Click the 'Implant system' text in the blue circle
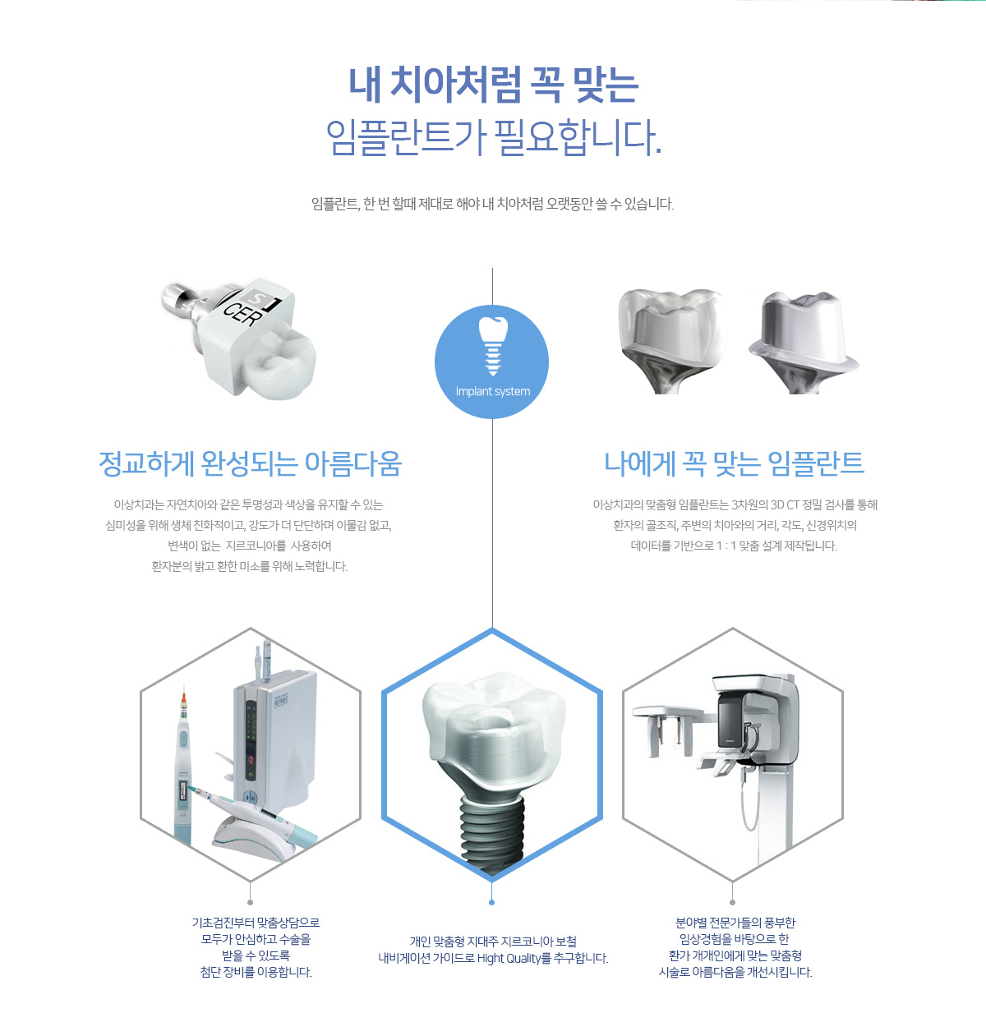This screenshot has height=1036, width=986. tap(493, 392)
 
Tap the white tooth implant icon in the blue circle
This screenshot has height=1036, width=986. tap(493, 346)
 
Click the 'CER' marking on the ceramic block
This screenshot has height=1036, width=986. tap(243, 312)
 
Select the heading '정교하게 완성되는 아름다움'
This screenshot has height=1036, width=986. tap(251, 463)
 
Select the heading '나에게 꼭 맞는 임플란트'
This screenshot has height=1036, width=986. tap(734, 463)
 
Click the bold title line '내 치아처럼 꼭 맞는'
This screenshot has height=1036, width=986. tap(493, 85)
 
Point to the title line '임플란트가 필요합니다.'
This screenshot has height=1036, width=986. tap(493, 137)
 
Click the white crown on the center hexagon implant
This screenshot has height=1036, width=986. tap(493, 733)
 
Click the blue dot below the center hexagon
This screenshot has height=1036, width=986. tap(491, 903)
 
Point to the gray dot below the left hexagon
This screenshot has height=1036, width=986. tap(251, 903)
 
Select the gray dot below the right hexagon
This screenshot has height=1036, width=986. tap(733, 903)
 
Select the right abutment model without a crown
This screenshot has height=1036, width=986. tap(803, 343)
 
